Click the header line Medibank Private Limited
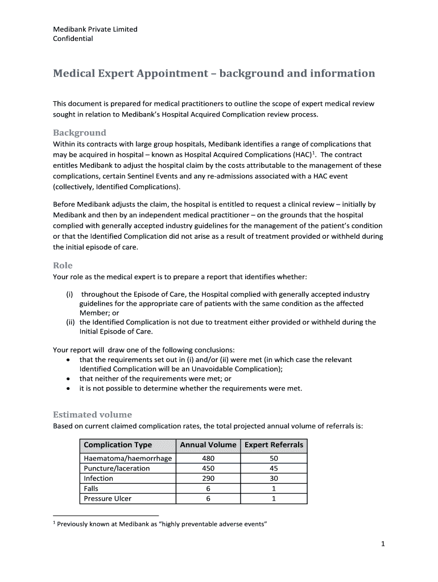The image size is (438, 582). tap(95, 29)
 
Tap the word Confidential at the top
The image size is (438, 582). tap(73, 39)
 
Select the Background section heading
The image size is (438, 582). tap(79, 133)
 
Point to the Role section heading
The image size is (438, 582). tap(63, 265)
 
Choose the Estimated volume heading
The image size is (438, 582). tap(92, 414)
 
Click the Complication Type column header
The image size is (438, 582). tap(118, 444)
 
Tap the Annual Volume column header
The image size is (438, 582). tap(208, 444)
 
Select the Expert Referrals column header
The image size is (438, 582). tap(274, 444)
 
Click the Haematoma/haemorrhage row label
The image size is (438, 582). tap(127, 458)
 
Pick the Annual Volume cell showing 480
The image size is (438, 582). tap(208, 458)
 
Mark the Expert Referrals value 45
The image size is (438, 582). tap(274, 468)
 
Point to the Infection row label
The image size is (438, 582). tap(98, 479)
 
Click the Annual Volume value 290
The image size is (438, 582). tap(208, 479)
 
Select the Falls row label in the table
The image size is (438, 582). tap(90, 488)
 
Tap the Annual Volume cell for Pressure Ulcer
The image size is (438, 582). tap(208, 498)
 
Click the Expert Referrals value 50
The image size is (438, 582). tap(274, 458)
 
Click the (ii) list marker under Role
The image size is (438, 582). tap(71, 322)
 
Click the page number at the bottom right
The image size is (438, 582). tap(383, 544)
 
